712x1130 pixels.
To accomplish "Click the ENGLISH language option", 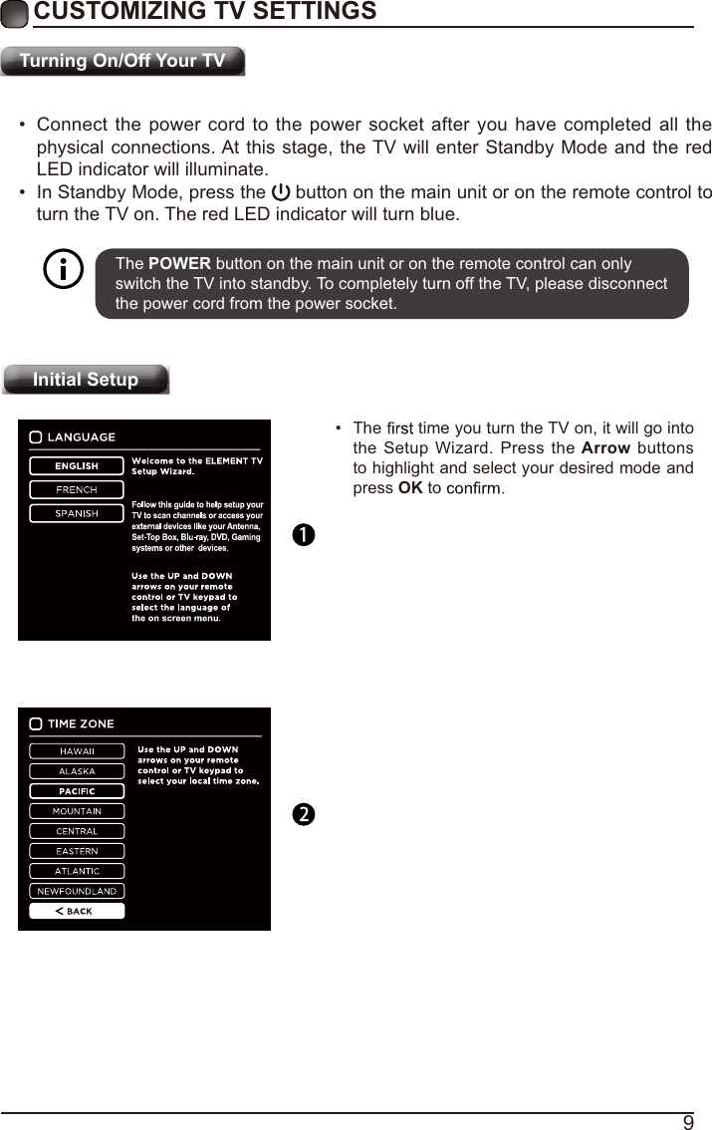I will (77, 465).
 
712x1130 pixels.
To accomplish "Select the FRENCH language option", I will (77, 489).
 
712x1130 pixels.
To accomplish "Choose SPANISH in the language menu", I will (77, 513).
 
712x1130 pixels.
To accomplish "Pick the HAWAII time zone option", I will (77, 750).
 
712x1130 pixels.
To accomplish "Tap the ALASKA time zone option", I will (77, 770).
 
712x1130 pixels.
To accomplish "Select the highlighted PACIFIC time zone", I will (77, 790).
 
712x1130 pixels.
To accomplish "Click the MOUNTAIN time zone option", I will (77, 811).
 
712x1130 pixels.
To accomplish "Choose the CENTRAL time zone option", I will (77, 831).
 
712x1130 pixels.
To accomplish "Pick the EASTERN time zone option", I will (77, 851).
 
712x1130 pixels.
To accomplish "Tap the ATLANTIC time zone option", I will (77, 871).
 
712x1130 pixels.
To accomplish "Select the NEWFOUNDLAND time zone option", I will (77, 891).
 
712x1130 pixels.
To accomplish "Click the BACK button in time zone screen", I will (77, 911).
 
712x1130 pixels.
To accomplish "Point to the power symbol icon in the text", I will (281, 192).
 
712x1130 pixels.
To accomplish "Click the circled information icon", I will (65, 270).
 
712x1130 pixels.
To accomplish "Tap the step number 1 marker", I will (303, 535).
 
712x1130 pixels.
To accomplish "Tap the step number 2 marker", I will (303, 815).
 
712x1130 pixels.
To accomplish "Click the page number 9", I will (687, 1123).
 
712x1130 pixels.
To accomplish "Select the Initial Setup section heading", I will (86, 380).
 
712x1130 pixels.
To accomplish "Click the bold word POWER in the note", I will (179, 264).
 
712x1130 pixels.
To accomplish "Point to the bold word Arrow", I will (605, 447).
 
